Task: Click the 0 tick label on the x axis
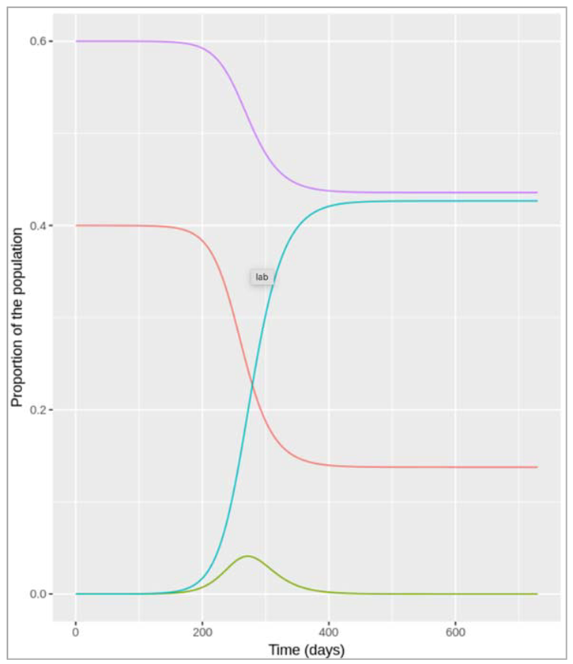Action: coord(76,632)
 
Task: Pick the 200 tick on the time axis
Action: coord(202,632)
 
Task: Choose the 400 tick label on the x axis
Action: coord(329,632)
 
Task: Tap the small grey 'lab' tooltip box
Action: coord(262,277)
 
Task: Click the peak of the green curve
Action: coord(248,556)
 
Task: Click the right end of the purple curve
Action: coord(537,193)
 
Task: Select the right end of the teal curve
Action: coord(537,201)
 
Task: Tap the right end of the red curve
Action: coord(537,467)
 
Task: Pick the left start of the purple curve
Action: coord(77,41)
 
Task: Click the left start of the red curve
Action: coord(77,225)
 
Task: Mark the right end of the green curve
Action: coord(537,594)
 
